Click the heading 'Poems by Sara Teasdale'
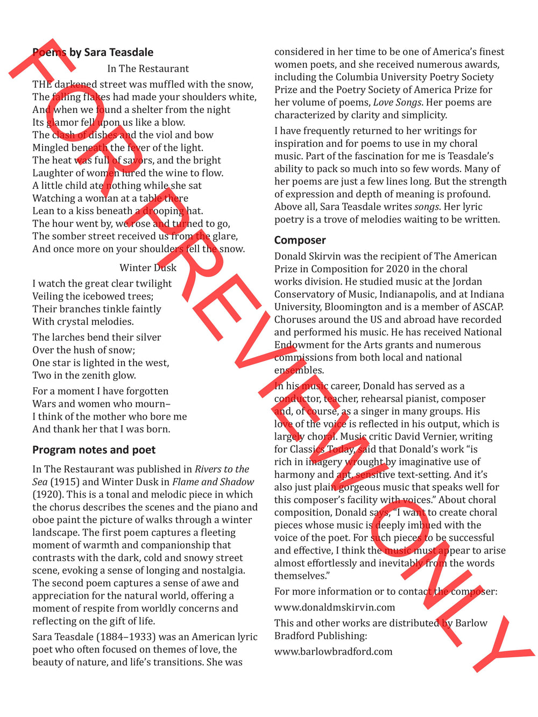(93, 53)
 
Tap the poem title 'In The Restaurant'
(148, 69)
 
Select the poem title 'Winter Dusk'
(148, 268)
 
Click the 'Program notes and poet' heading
(94, 450)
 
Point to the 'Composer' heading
(300, 240)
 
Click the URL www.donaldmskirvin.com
(334, 607)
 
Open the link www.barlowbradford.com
(333, 651)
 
